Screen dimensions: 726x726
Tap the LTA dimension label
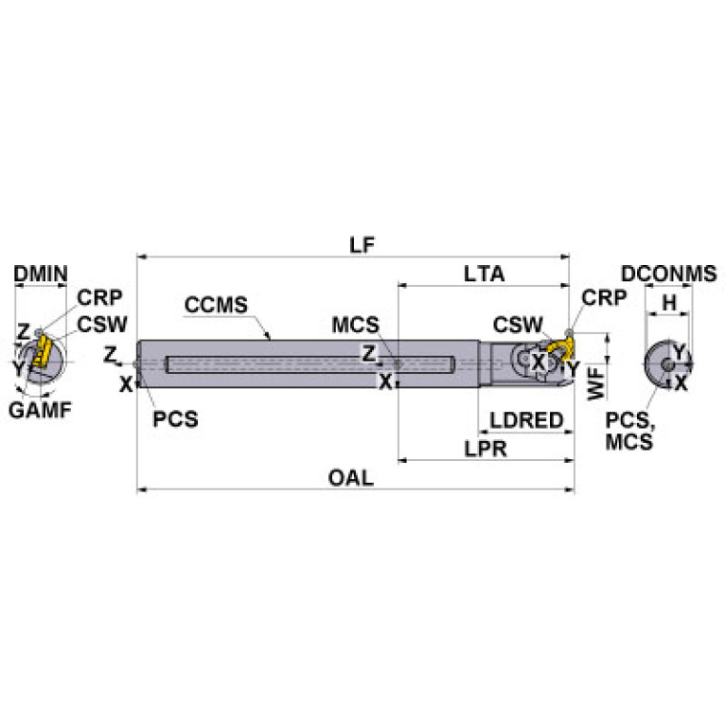coord(484,274)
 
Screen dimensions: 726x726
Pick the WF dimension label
coord(594,383)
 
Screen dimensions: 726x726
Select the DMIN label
coord(41,274)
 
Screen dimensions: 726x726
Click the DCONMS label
coord(668,274)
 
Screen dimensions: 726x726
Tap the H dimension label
coord(668,303)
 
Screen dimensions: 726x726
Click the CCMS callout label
coord(216,305)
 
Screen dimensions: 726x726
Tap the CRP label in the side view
coord(604,297)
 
